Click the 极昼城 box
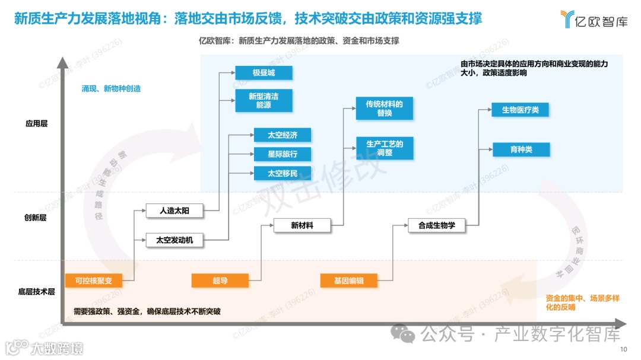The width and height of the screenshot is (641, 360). click(264, 73)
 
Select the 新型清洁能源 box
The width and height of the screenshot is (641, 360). click(264, 100)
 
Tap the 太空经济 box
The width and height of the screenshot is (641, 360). click(282, 135)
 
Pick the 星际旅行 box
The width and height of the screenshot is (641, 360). click(282, 154)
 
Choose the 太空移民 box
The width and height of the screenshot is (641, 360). click(282, 173)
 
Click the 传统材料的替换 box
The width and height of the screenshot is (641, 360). click(384, 109)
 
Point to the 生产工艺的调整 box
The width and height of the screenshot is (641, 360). click(384, 148)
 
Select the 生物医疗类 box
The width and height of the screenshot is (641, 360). click(520, 110)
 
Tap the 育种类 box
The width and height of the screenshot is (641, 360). click(521, 149)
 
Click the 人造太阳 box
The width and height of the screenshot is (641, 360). click(174, 211)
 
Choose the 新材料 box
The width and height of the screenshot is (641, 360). click(302, 225)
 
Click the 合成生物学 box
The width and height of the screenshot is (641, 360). click(436, 225)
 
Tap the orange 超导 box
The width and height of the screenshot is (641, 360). click(220, 281)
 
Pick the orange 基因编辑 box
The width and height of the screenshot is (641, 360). click(348, 281)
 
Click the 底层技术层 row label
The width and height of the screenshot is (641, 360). click(36, 292)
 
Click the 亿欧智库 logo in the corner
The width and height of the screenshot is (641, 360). click(593, 20)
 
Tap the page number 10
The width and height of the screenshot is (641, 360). click(623, 349)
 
